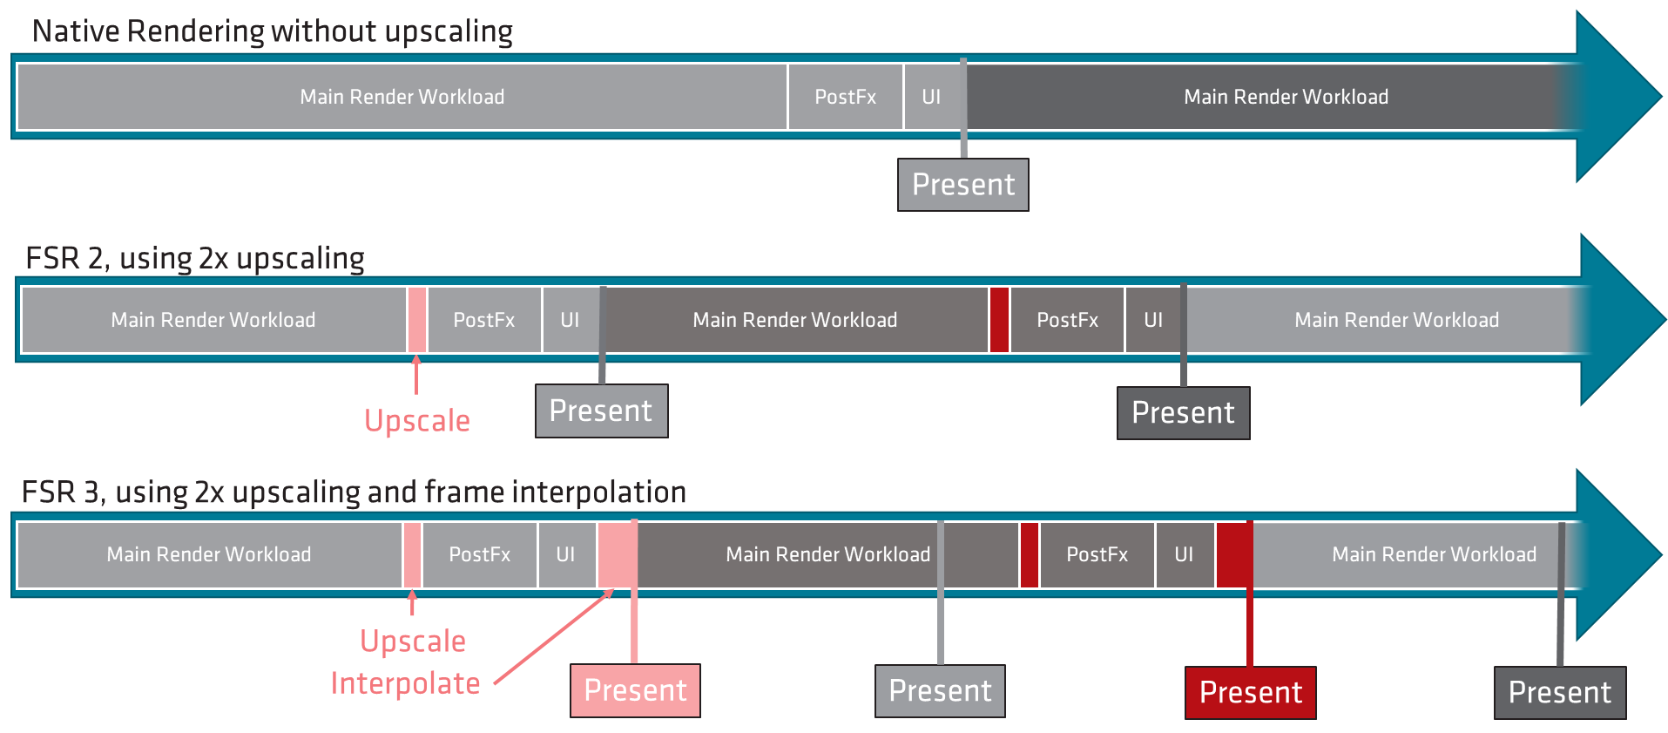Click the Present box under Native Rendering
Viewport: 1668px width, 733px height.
click(962, 185)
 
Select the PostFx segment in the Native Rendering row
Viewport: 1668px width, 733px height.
click(845, 97)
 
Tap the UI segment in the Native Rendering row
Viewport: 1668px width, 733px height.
click(931, 97)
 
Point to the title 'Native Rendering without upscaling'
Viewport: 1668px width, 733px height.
click(272, 31)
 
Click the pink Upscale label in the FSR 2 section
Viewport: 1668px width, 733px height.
click(416, 421)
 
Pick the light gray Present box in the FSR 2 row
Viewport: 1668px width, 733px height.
click(601, 411)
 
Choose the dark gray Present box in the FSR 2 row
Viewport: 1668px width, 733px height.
click(1183, 413)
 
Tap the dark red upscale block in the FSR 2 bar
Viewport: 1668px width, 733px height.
click(999, 320)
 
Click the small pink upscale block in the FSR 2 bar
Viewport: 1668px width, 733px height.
click(416, 320)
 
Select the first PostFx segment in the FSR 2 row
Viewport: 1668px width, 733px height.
click(484, 320)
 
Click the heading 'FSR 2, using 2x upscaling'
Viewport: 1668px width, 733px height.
click(195, 259)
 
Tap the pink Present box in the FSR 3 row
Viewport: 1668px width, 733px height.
click(635, 690)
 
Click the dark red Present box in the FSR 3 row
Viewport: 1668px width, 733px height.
click(1250, 692)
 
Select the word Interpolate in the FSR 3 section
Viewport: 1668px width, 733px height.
click(405, 683)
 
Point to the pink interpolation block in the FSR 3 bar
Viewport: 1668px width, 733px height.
click(617, 554)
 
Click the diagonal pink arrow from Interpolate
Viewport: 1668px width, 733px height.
click(553, 636)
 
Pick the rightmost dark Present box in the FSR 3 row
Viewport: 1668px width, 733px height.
click(1559, 692)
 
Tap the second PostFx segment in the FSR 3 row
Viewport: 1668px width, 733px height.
click(1097, 554)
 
